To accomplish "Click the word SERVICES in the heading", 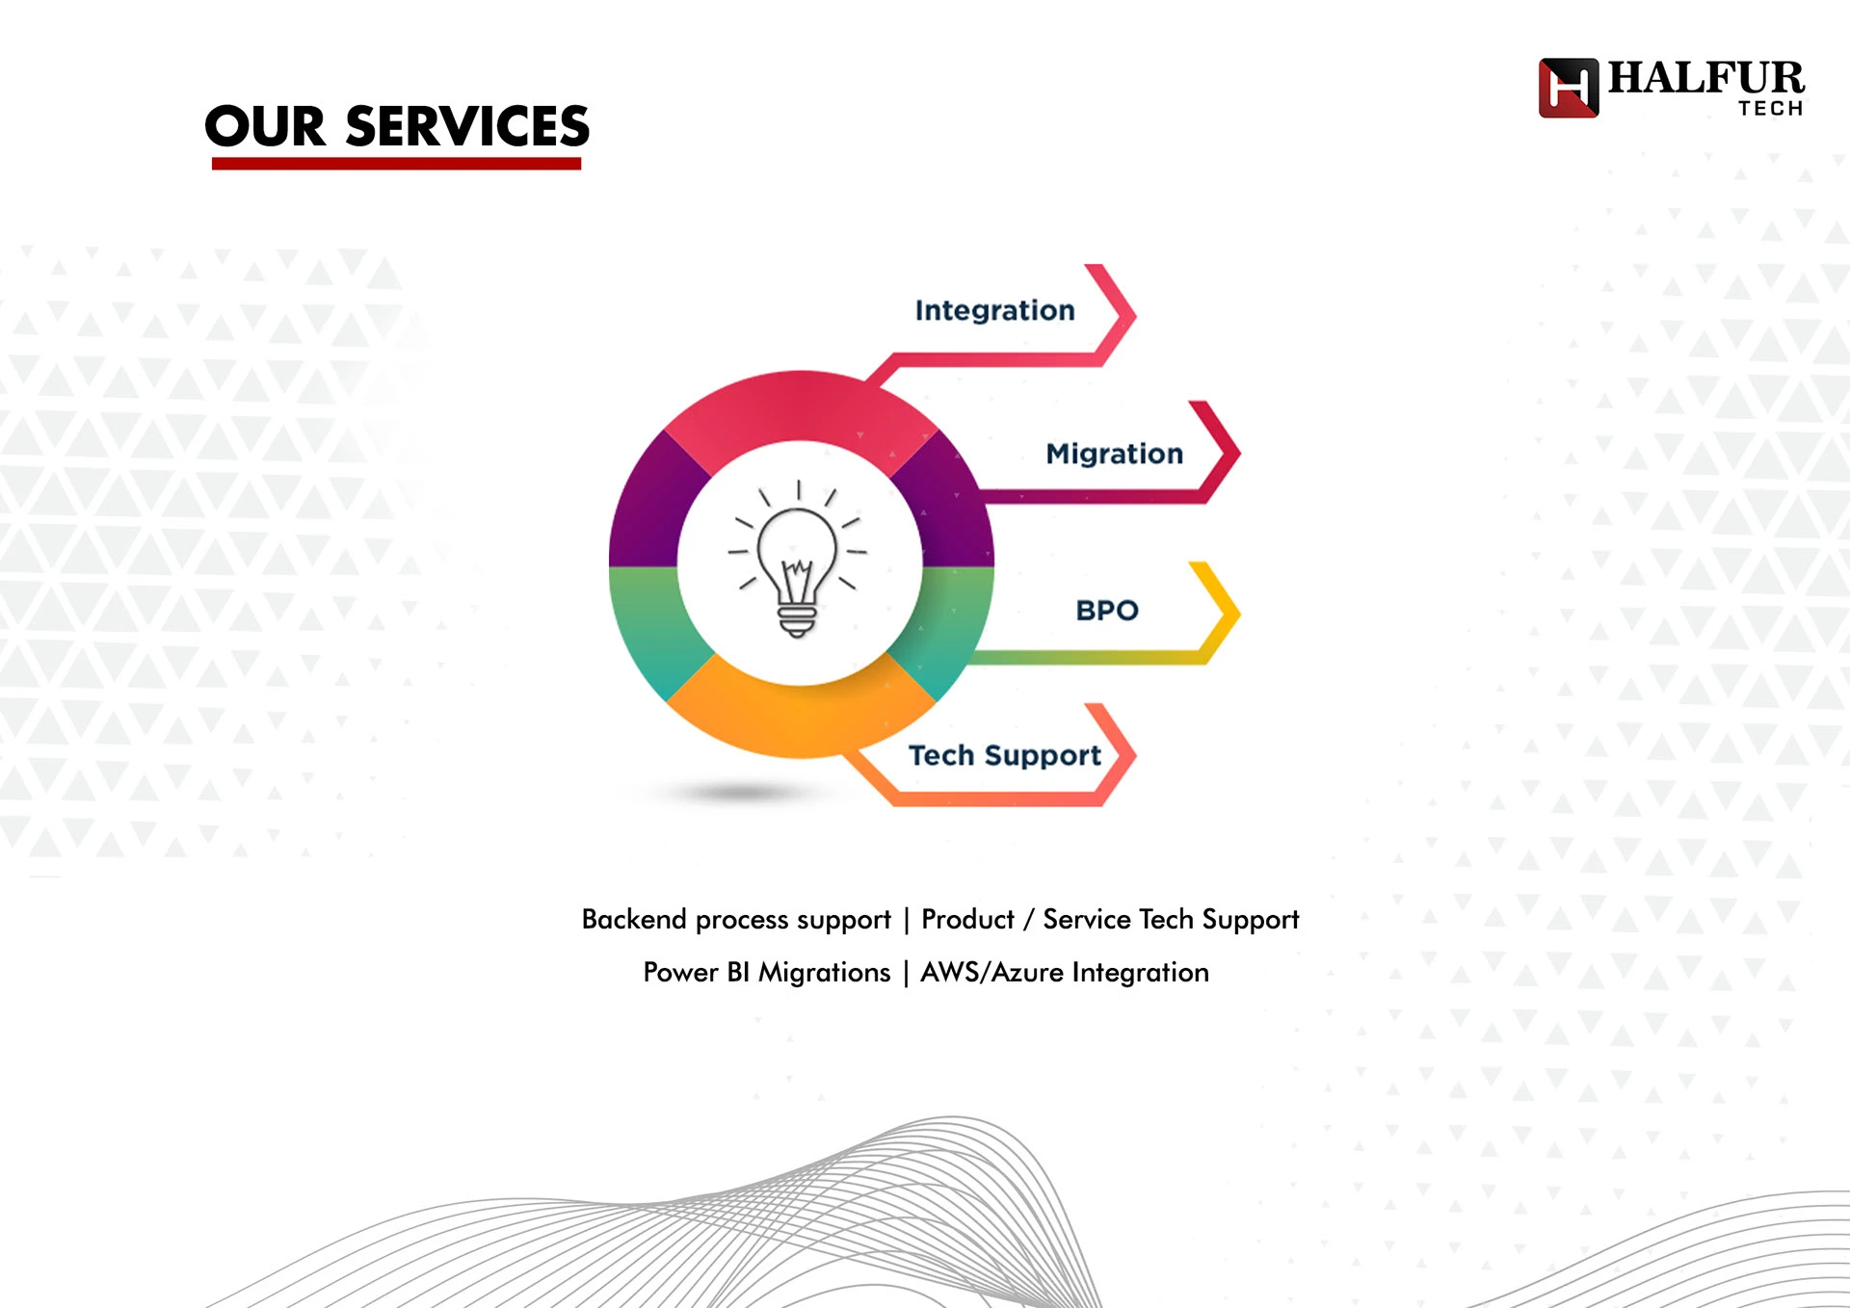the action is click(467, 127).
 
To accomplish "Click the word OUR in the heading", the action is click(265, 127).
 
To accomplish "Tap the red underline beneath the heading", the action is click(396, 164).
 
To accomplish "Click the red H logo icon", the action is click(1569, 88).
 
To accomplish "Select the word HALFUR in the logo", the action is click(1706, 78).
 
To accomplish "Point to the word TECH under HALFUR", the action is click(1771, 109).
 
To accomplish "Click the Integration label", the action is click(994, 310).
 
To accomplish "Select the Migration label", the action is click(1115, 454).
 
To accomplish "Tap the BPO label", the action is click(1107, 610).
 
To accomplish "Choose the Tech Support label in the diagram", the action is click(1004, 755).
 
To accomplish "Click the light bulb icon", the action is click(798, 559).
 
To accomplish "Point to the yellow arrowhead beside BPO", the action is click(1216, 613).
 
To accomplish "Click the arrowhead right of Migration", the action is click(1216, 452).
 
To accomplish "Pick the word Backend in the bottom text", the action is click(634, 919).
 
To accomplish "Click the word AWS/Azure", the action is click(991, 972).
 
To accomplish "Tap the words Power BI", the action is click(696, 972).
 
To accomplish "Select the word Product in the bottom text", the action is click(967, 919).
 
